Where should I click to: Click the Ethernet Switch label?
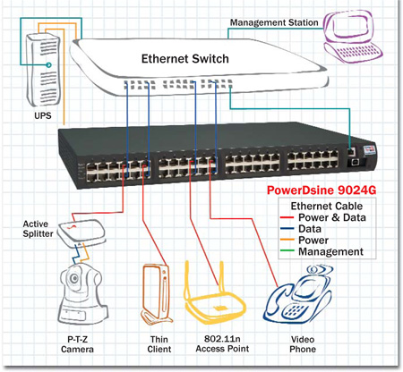185,59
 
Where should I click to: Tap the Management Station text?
274,22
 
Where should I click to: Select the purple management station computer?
353,37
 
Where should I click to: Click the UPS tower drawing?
43,70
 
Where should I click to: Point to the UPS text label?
43,115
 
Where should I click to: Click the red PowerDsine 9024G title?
322,190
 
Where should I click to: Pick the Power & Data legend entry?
323,217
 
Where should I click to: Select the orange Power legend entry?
304,241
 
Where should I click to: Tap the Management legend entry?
322,251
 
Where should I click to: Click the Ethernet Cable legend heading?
327,207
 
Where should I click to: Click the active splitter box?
81,233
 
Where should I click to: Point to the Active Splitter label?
38,229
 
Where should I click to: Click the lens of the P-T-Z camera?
74,278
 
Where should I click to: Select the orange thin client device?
156,293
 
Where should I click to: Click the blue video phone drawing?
298,296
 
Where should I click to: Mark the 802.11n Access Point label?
222,344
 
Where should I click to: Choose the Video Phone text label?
303,344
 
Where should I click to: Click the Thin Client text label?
159,344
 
